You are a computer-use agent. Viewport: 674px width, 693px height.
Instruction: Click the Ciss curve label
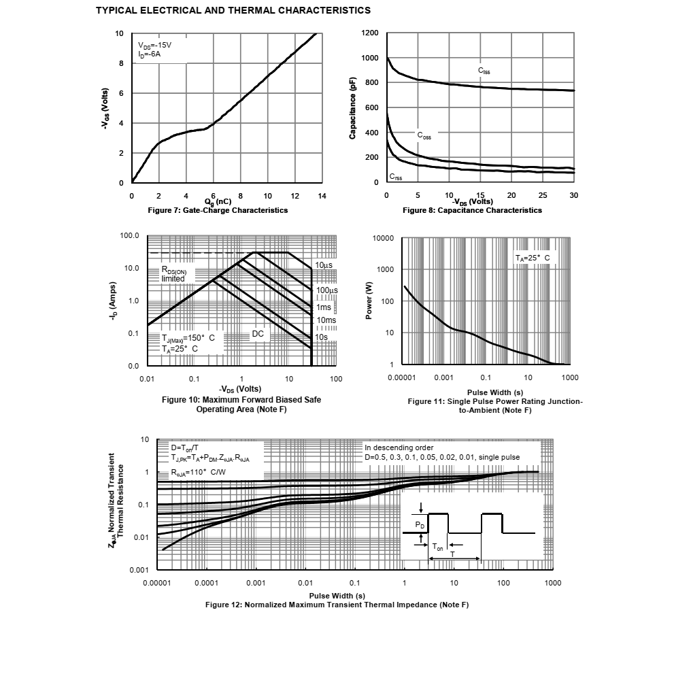coord(484,71)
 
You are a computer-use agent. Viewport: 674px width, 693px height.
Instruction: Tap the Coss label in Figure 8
coord(424,136)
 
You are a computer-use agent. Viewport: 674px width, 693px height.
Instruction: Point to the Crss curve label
coord(396,177)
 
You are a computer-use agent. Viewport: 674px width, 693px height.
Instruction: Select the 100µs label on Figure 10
coord(327,290)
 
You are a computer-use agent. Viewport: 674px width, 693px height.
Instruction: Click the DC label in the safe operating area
coord(258,334)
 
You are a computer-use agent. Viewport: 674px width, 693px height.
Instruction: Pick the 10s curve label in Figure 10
coord(321,337)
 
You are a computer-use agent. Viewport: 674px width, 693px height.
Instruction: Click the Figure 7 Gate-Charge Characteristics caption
coord(218,210)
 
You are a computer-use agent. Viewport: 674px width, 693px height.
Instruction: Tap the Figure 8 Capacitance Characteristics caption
coord(472,210)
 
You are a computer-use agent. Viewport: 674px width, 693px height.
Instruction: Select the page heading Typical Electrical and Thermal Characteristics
coord(233,11)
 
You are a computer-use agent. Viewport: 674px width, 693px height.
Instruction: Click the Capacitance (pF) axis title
coord(353,108)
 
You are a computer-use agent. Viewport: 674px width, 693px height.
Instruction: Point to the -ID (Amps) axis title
coord(114,301)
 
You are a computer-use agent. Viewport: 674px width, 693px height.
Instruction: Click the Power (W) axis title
coord(369,301)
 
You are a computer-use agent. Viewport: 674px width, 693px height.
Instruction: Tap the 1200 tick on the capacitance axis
coord(370,33)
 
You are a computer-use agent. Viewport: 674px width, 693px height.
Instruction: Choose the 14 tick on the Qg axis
coord(322,197)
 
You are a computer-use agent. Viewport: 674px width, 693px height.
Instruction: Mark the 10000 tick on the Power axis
coord(383,238)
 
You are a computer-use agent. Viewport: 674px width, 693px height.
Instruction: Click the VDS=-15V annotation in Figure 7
coord(154,46)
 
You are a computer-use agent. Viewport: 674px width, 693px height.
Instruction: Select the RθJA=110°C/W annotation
coord(198,473)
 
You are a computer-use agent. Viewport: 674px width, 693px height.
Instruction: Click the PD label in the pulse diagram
coord(420,525)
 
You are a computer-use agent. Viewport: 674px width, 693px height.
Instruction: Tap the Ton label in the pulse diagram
coord(437,547)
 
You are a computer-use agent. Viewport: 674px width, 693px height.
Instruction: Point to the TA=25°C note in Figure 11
coord(533,258)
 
